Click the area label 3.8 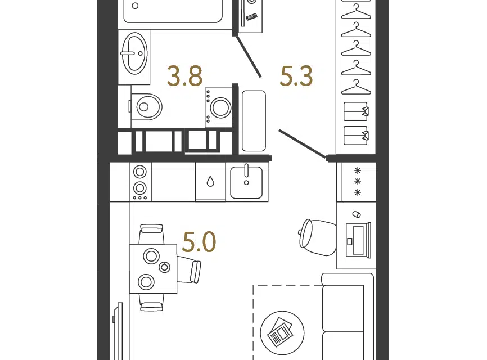click(x=185, y=76)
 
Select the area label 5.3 click(x=296, y=76)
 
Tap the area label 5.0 click(x=199, y=242)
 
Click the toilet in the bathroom click(x=146, y=106)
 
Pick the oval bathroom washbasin click(x=134, y=53)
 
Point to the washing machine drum click(x=220, y=108)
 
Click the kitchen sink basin click(x=246, y=182)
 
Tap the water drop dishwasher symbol click(x=210, y=181)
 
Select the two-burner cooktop click(x=140, y=182)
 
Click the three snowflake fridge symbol click(x=358, y=181)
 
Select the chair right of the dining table click(x=189, y=269)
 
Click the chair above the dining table click(x=151, y=234)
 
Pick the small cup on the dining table click(x=165, y=267)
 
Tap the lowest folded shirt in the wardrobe click(x=356, y=136)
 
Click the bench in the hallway click(x=254, y=121)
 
